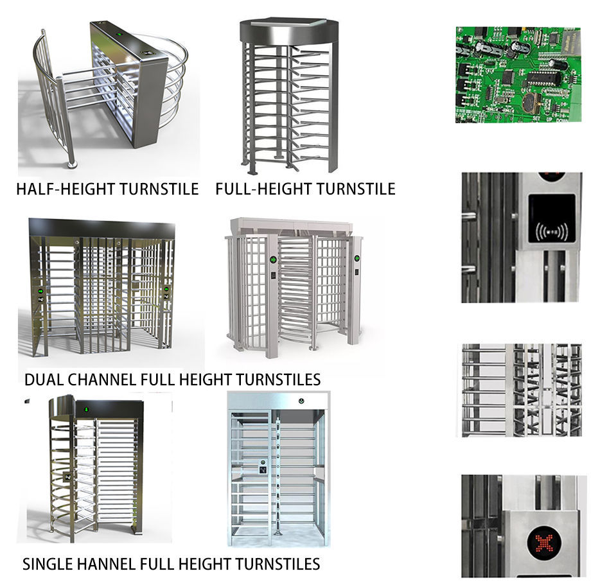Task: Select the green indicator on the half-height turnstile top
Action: [x=119, y=29]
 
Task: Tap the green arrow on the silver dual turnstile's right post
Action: [x=357, y=258]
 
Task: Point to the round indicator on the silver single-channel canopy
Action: [x=301, y=403]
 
